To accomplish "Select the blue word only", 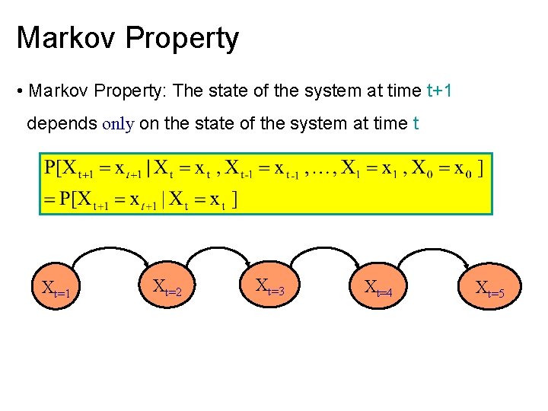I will point(118,123).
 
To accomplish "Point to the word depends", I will point(62,124).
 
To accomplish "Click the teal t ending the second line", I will point(415,123).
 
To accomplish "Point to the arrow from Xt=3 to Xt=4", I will point(324,245).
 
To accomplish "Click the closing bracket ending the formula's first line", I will point(480,167).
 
